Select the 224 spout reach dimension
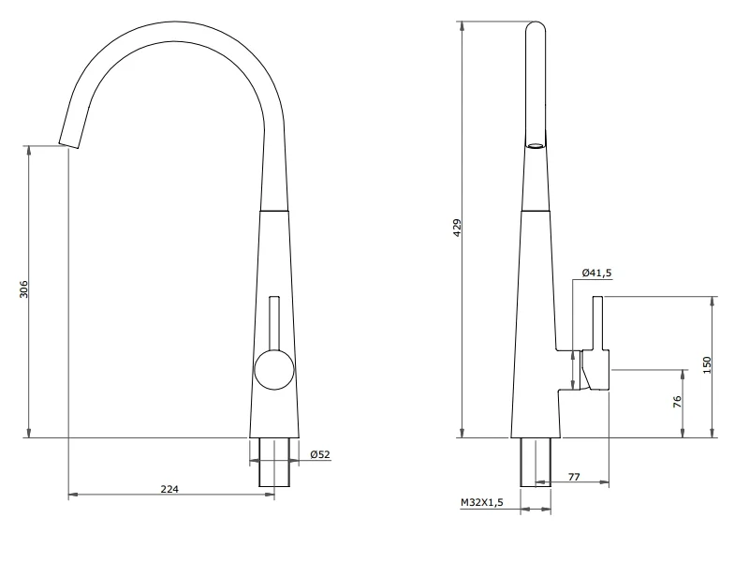pyautogui.click(x=169, y=488)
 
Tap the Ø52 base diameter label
pyautogui.click(x=319, y=454)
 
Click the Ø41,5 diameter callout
pyautogui.click(x=596, y=273)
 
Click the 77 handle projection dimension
pyautogui.click(x=574, y=477)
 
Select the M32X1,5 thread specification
pyautogui.click(x=481, y=503)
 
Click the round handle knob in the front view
pyautogui.click(x=273, y=368)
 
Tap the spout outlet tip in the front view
pyautogui.click(x=69, y=143)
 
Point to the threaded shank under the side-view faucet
pyautogui.click(x=536, y=461)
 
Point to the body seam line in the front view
pyautogui.click(x=273, y=213)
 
